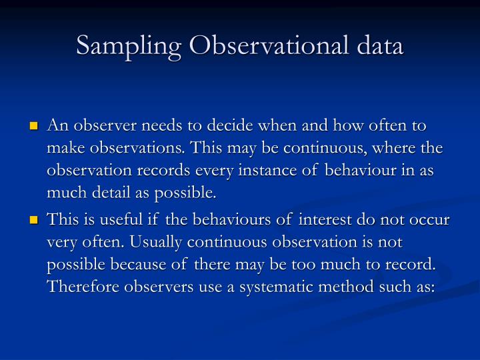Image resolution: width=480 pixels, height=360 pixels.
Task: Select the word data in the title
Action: [379, 47]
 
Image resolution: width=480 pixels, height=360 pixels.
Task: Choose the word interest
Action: [326, 221]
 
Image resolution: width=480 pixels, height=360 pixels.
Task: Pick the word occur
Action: [428, 221]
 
